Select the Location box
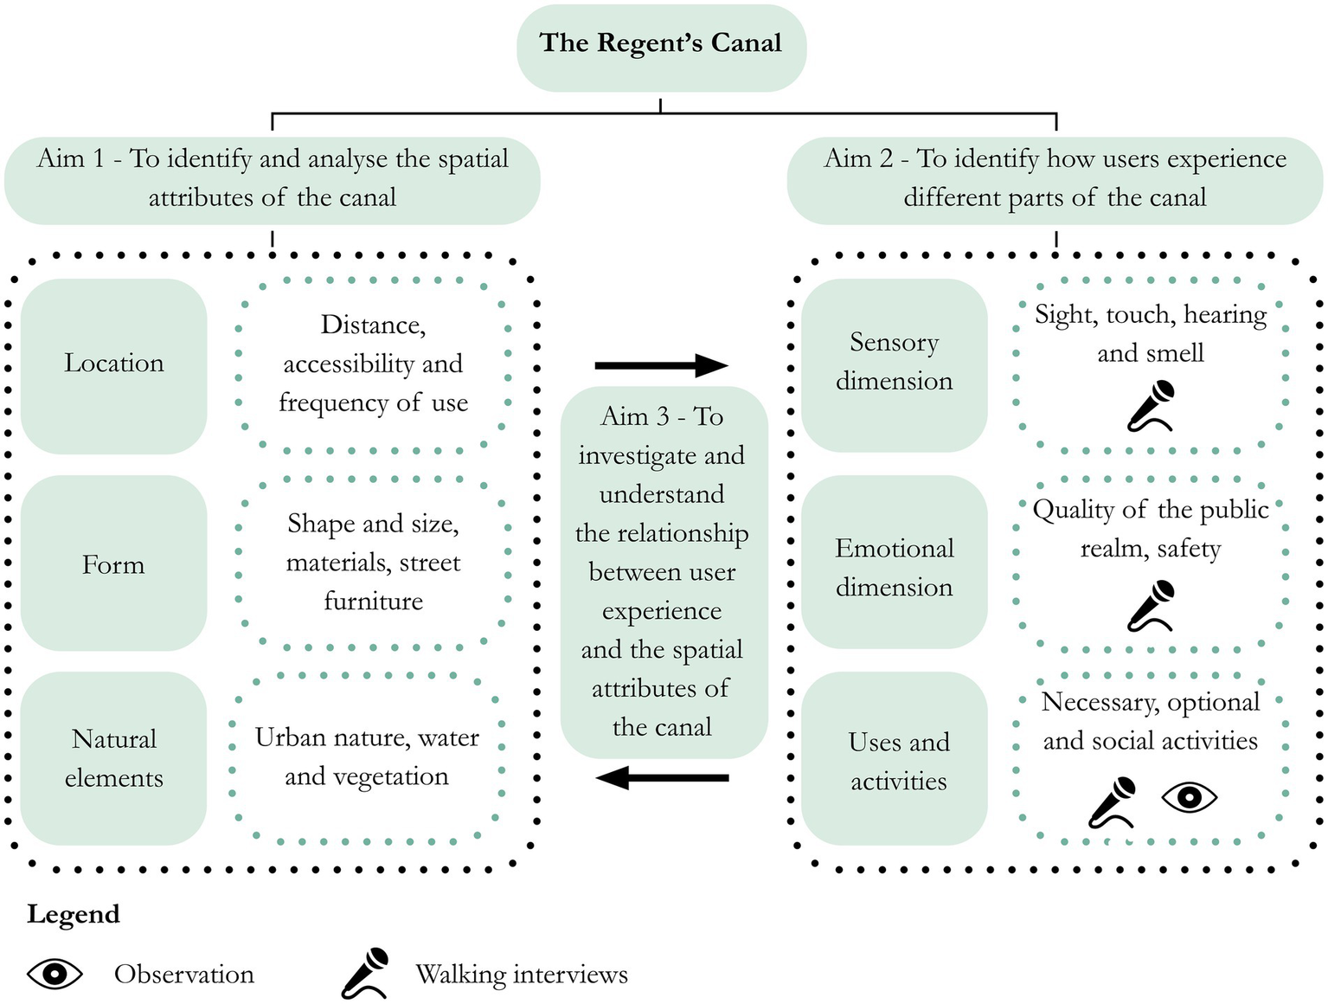(113, 364)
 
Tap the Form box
(113, 563)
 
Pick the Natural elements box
(113, 758)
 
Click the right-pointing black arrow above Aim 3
(661, 365)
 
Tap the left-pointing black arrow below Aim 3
(661, 777)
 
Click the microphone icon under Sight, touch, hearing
(1152, 407)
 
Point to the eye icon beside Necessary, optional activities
(1189, 797)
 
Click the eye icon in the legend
(55, 974)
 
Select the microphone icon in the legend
(365, 974)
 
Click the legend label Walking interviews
(521, 975)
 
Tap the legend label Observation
(184, 975)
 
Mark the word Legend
(74, 914)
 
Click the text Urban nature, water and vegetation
(367, 756)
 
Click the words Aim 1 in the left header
(73, 158)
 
